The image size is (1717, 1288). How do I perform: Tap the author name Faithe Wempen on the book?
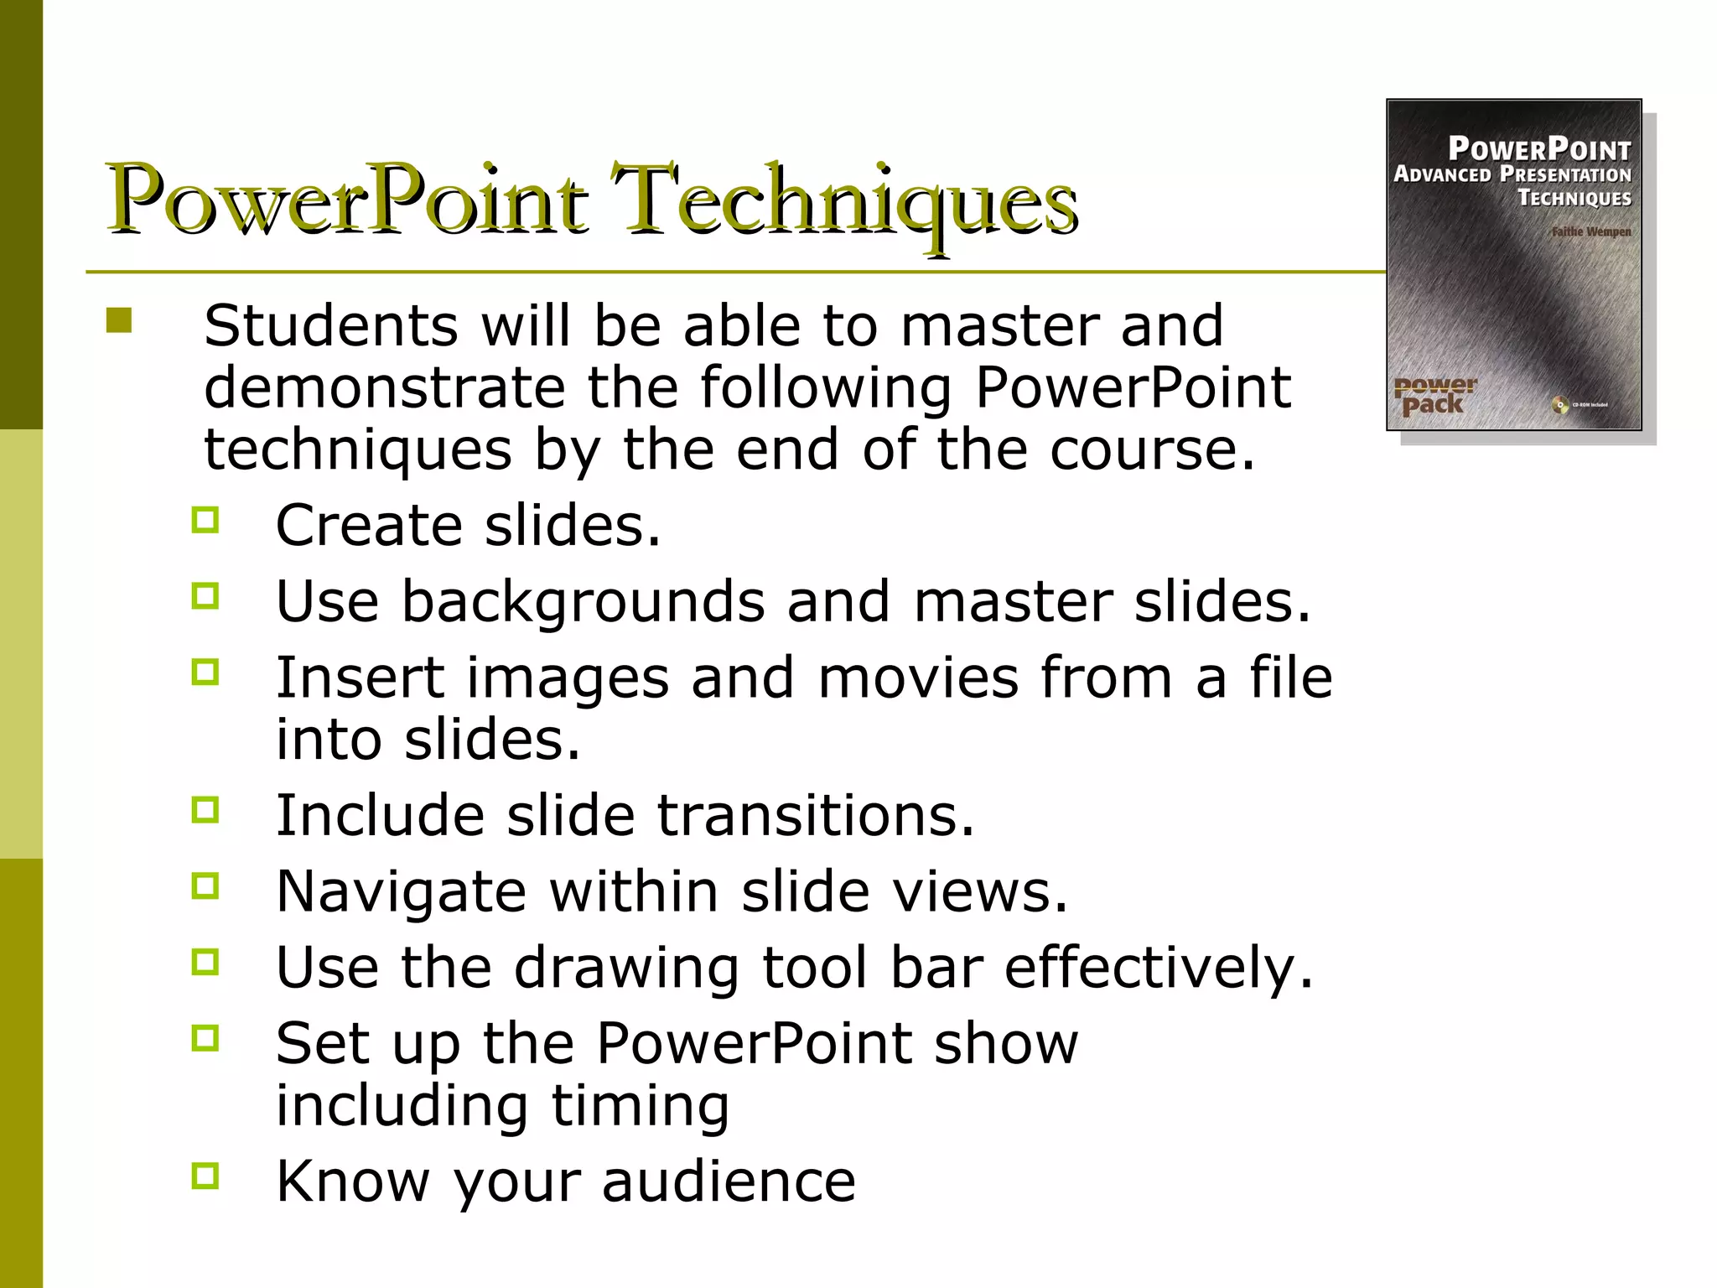click(x=1590, y=231)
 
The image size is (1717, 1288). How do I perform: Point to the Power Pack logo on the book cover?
click(x=1434, y=396)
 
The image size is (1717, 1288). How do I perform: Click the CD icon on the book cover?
click(x=1559, y=405)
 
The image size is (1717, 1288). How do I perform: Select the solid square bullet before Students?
click(x=119, y=321)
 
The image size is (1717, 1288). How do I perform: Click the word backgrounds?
click(x=583, y=601)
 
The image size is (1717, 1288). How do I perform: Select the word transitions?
click(x=815, y=815)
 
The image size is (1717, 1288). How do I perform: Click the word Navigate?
click(x=401, y=891)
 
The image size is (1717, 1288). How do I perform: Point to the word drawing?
click(x=626, y=967)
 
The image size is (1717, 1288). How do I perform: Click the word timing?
click(x=640, y=1105)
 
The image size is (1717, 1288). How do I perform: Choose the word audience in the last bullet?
click(x=729, y=1181)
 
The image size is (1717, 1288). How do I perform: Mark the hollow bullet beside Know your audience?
click(x=205, y=1176)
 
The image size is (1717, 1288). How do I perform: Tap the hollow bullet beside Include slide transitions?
click(x=205, y=810)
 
